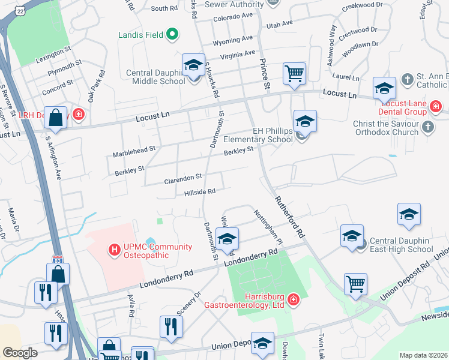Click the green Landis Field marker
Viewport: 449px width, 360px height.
[172, 35]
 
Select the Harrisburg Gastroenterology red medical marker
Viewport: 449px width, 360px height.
[292, 299]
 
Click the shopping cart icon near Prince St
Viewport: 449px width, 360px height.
[294, 74]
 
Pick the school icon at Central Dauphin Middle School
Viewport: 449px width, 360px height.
[193, 66]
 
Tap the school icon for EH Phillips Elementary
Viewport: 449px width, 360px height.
[305, 122]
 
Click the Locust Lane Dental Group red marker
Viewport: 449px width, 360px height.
[436, 107]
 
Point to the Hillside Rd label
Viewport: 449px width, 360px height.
[199, 192]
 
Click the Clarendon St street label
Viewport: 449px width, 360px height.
[182, 179]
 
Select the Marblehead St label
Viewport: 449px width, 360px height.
[134, 151]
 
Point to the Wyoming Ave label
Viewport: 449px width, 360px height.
[233, 40]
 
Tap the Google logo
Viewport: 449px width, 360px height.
[20, 352]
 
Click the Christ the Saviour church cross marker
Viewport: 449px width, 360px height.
[428, 127]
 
